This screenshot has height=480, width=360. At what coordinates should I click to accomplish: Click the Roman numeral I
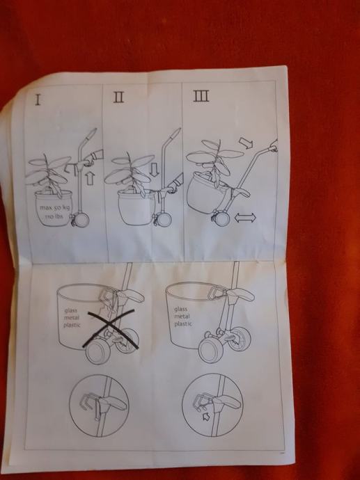click(38, 99)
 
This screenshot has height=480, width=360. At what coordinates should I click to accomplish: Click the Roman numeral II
click(118, 97)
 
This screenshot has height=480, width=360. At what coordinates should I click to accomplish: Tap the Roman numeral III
click(201, 95)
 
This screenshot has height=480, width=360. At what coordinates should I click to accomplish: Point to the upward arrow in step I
click(90, 179)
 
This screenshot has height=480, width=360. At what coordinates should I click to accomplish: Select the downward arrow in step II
click(155, 170)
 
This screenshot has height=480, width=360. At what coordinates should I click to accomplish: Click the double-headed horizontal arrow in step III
click(245, 218)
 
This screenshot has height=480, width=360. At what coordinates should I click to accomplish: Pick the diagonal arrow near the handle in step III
click(246, 143)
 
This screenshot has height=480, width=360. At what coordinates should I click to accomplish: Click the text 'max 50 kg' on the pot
click(54, 208)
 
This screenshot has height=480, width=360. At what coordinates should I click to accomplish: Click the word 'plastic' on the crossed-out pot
click(72, 325)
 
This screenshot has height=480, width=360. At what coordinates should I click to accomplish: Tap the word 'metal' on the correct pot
click(182, 317)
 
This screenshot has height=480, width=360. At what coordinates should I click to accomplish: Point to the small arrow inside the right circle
click(207, 416)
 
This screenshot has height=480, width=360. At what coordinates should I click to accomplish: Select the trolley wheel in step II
click(164, 219)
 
